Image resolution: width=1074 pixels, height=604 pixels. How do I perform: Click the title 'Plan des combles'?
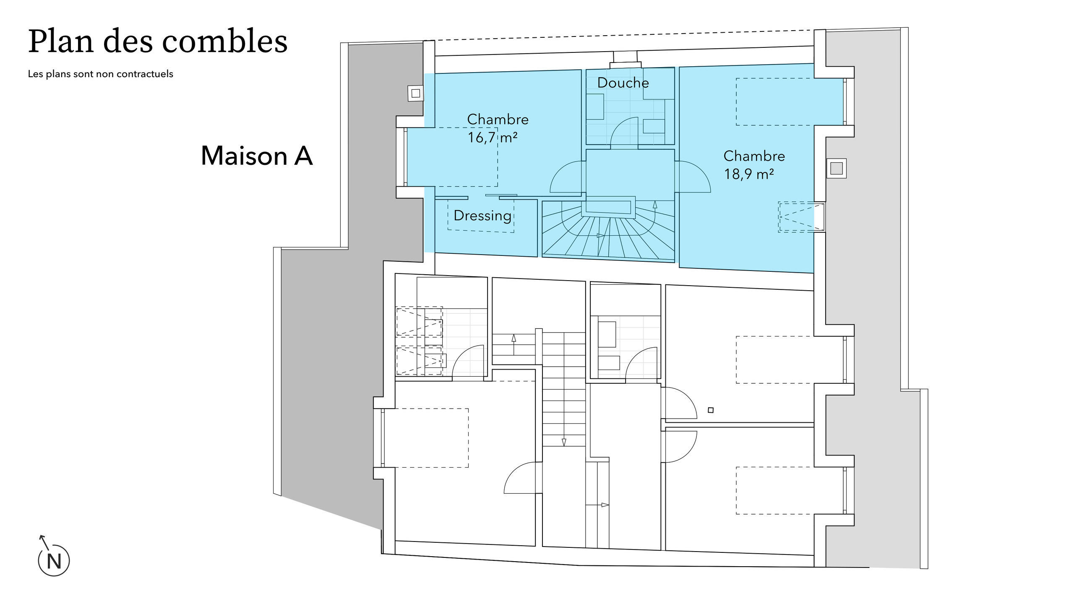[x=158, y=42]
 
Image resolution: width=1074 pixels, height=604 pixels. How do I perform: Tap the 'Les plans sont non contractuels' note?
[x=101, y=74]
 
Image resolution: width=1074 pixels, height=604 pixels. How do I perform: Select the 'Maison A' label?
[x=257, y=156]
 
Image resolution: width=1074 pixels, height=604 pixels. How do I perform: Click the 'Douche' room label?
[x=623, y=83]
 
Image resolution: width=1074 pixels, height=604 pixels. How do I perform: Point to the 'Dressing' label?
[x=482, y=216]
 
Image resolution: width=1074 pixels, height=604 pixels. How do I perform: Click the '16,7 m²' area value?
[x=493, y=137]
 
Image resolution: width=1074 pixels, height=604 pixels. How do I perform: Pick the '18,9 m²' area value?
[x=749, y=174]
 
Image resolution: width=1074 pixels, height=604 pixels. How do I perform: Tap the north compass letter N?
[x=54, y=561]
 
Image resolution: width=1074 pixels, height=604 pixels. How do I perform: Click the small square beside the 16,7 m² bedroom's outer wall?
[x=415, y=93]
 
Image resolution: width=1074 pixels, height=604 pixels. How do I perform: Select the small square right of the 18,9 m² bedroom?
[x=836, y=168]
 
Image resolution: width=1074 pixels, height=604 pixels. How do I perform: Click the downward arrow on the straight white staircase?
[x=564, y=442]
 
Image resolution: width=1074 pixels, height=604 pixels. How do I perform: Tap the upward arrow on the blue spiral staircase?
[x=655, y=204]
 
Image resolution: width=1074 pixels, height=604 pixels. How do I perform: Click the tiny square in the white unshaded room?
[x=710, y=410]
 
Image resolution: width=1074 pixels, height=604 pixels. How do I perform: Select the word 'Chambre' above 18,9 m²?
[x=754, y=156]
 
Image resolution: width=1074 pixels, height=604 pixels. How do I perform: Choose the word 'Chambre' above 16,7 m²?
[x=498, y=120]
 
